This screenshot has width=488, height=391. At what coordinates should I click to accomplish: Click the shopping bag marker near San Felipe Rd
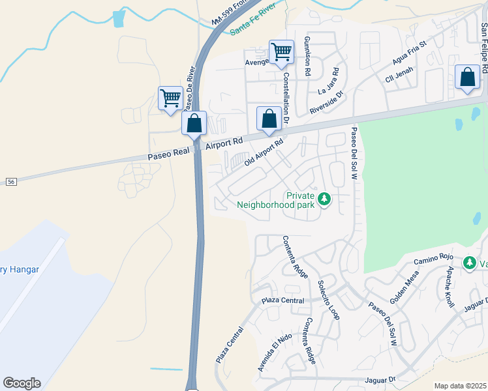coord(468,78)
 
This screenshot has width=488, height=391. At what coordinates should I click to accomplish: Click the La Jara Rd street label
coord(330,81)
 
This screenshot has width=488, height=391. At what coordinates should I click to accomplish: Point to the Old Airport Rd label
coord(264,152)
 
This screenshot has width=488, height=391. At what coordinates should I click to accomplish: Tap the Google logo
coord(22,383)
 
